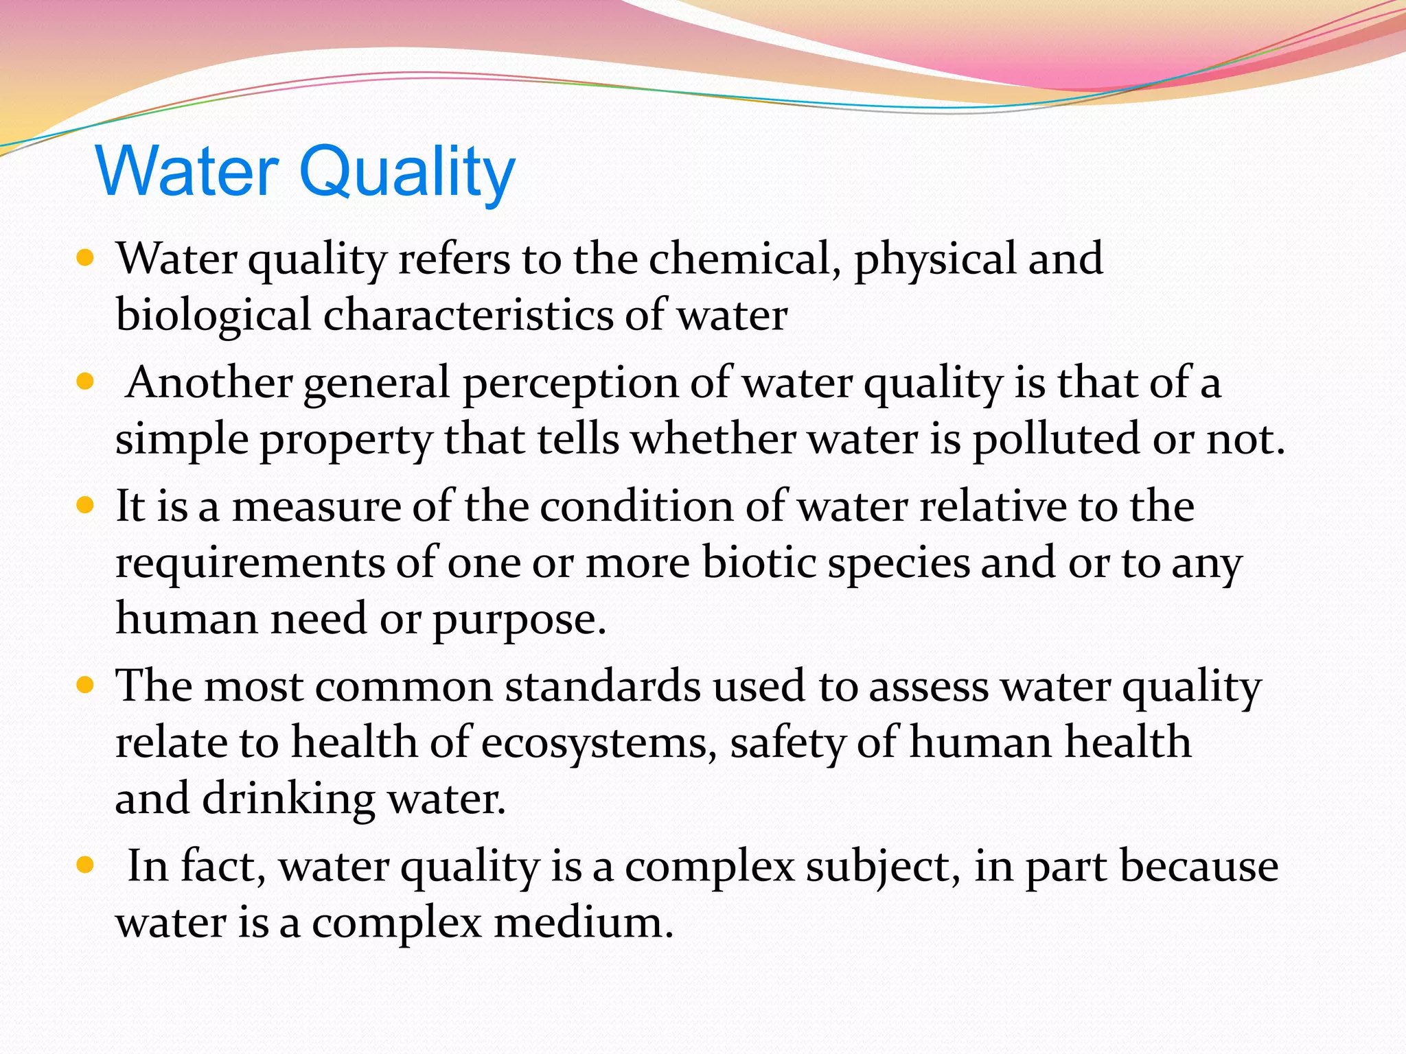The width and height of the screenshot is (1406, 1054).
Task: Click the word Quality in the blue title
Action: pos(407,172)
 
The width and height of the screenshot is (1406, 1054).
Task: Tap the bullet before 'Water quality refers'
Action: pos(85,259)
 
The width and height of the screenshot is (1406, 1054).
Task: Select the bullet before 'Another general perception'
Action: pos(85,382)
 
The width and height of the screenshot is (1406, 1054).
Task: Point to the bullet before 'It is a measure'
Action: pos(85,506)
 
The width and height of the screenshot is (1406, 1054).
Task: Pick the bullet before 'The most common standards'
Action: pos(85,686)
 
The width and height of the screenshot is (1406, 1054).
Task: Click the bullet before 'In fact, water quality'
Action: pos(85,865)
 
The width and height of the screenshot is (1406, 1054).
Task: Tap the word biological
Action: pos(214,316)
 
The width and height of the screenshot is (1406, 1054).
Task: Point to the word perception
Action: pos(570,383)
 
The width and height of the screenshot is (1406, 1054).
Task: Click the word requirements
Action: pos(249,563)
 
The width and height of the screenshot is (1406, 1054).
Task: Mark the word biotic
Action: pos(759,563)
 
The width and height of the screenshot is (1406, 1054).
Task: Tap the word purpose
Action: pos(519,620)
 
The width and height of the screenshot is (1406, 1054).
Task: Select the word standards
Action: pos(603,686)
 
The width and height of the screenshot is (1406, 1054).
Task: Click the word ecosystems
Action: pos(598,743)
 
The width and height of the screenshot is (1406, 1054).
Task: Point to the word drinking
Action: pos(288,799)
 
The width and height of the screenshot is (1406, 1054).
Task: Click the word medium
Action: pos(583,923)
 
